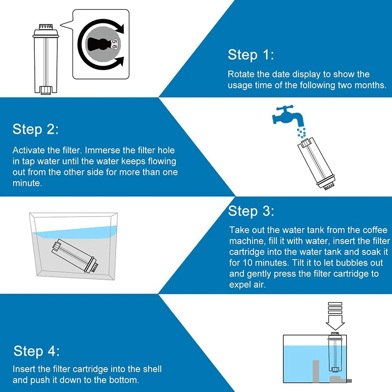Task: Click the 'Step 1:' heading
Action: [251, 54]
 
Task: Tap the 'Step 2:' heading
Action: [35, 129]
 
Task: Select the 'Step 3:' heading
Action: [251, 211]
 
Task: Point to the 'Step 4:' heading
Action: [36, 351]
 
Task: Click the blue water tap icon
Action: [288, 116]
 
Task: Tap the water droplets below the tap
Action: [301, 132]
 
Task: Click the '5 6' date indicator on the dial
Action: [114, 44]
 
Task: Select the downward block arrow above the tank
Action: [335, 316]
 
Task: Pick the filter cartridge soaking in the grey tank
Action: [75, 255]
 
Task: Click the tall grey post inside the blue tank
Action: [316, 371]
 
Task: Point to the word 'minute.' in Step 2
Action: [27, 183]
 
